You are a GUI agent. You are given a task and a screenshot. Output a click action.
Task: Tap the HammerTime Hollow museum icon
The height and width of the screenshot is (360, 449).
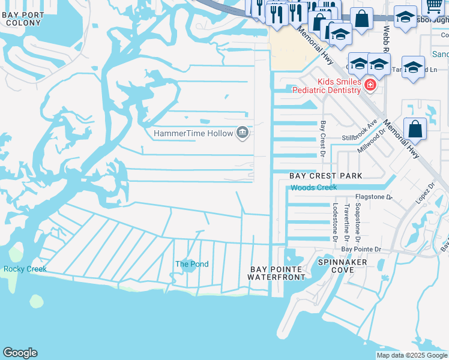(x=243, y=133)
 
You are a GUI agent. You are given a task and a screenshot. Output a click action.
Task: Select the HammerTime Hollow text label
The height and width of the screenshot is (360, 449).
(x=193, y=133)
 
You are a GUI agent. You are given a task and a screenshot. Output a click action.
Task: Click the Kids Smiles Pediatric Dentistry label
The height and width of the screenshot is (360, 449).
(x=327, y=86)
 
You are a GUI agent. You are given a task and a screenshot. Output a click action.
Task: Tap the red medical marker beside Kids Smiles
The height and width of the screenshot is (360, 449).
(x=370, y=86)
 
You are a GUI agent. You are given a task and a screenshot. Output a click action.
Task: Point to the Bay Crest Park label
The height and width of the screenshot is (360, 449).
(x=326, y=176)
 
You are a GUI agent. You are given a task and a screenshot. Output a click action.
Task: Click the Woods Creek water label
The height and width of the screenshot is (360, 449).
(x=314, y=188)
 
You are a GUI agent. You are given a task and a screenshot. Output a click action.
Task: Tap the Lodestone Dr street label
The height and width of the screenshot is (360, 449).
(x=336, y=222)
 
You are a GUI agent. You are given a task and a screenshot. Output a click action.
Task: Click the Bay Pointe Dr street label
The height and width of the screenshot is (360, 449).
(x=361, y=249)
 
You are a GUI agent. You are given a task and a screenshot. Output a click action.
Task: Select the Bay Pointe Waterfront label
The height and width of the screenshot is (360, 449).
(x=277, y=273)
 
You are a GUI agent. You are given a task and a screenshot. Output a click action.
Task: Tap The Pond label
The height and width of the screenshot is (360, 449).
(x=192, y=264)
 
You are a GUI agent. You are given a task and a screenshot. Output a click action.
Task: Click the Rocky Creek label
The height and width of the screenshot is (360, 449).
(x=25, y=269)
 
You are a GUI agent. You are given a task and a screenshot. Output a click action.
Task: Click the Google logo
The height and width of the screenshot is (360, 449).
(x=20, y=353)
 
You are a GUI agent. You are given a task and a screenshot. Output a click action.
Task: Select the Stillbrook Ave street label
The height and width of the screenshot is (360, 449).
(x=359, y=131)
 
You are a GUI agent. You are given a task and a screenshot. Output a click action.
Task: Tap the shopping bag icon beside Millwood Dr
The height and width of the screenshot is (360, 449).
(x=415, y=128)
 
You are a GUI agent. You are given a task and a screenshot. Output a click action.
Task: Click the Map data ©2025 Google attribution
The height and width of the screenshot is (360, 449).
(x=412, y=355)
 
